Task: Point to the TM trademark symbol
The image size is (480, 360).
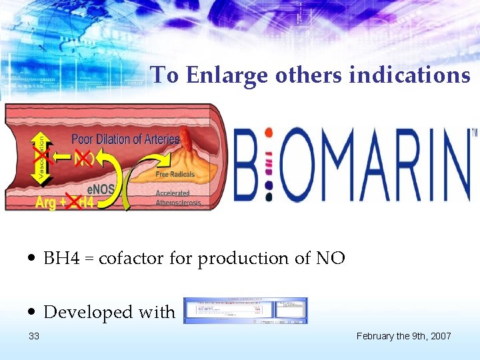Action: (474, 133)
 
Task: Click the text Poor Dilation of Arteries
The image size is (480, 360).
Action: (125, 139)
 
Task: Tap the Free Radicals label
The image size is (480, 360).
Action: (175, 175)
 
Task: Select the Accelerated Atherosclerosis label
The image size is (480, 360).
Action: (178, 198)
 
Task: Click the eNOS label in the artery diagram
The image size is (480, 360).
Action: (102, 189)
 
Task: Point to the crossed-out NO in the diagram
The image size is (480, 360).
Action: (84, 158)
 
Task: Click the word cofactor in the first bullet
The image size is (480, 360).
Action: (132, 258)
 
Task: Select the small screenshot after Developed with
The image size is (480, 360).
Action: (245, 310)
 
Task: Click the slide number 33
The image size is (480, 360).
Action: (35, 336)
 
